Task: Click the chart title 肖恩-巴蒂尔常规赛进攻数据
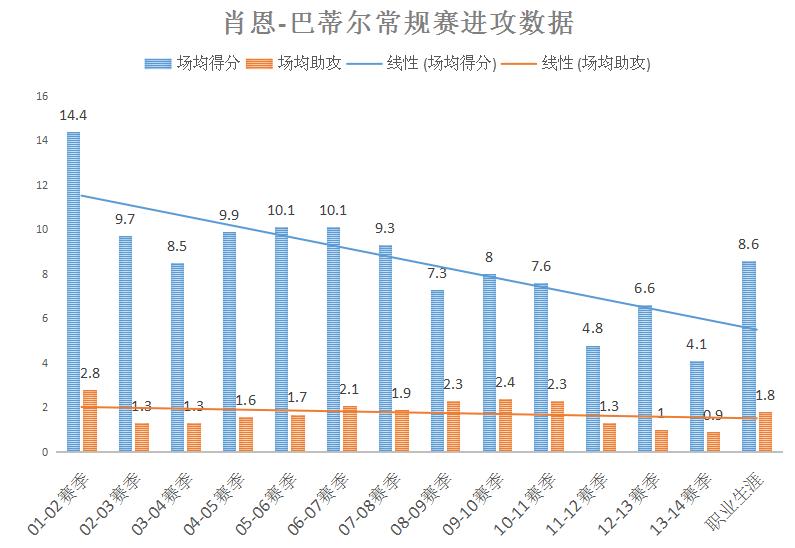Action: tap(398, 22)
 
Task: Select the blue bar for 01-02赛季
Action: tap(73, 291)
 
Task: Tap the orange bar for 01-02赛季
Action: tap(90, 420)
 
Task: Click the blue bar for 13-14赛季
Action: tap(697, 406)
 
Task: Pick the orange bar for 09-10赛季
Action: tap(506, 425)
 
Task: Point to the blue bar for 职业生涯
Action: tap(749, 356)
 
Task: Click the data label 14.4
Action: tap(72, 116)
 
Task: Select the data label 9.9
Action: tap(229, 215)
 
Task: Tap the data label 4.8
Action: tap(593, 329)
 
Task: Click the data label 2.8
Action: tap(90, 373)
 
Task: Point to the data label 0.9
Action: tap(714, 415)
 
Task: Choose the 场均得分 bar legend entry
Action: tap(193, 63)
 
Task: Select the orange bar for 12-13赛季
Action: tap(662, 441)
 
